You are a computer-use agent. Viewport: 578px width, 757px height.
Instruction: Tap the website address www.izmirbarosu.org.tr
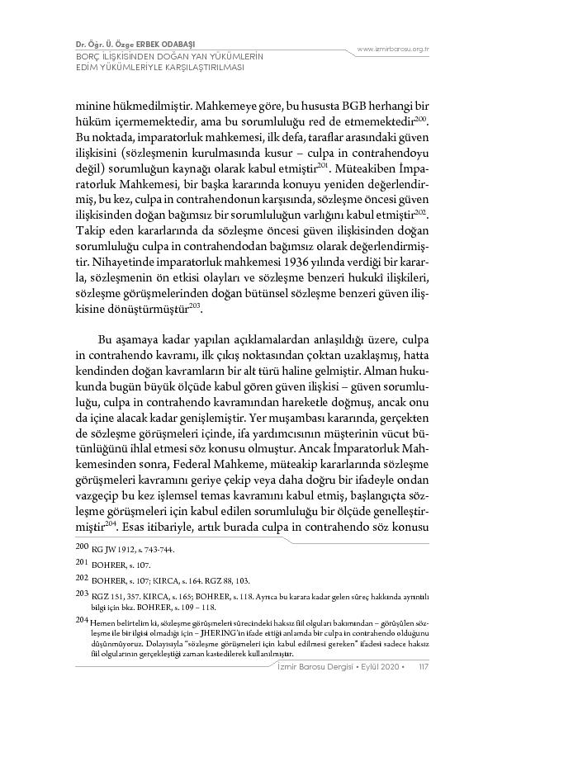click(x=392, y=49)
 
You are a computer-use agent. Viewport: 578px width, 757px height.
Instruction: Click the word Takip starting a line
click(x=88, y=226)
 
